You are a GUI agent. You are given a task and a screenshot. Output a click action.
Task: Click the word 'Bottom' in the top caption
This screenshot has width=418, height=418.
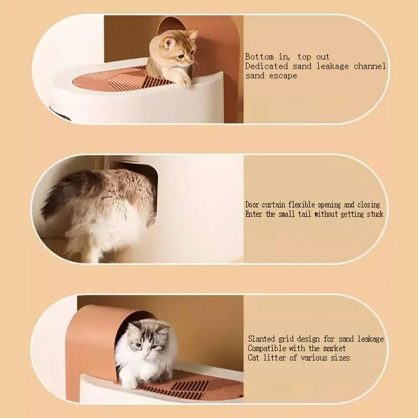point(260,56)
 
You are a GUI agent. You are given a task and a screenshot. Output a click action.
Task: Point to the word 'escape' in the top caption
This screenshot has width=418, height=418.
point(284,76)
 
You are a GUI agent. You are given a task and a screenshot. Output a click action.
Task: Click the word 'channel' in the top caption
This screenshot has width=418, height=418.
point(369,66)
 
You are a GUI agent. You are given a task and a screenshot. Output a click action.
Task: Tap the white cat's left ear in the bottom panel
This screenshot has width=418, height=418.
point(135,328)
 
